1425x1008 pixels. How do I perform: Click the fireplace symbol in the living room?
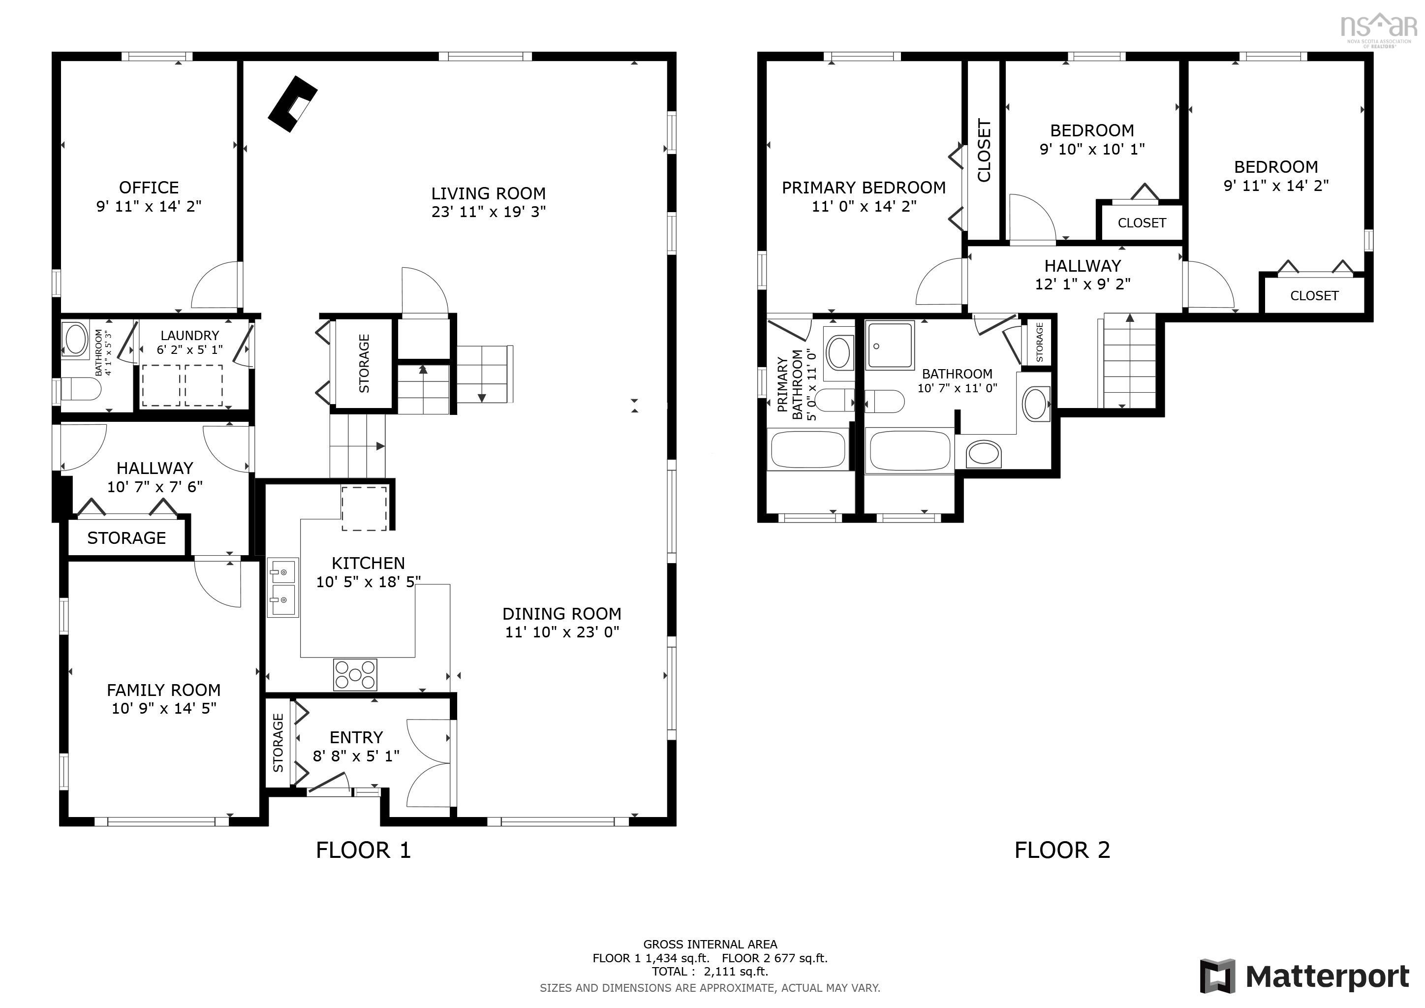pos(292,103)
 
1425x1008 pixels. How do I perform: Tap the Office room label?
pos(149,188)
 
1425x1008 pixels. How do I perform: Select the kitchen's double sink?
pos(282,588)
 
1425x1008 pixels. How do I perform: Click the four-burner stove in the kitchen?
pos(355,674)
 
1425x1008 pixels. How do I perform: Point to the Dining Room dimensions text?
pos(561,632)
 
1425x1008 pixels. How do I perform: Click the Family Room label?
pos(164,690)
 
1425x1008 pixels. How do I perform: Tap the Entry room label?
pos(356,737)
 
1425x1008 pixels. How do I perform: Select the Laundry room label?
pos(189,335)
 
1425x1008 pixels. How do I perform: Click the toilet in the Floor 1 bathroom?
pos(81,390)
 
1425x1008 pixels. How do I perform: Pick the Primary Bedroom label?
pos(864,188)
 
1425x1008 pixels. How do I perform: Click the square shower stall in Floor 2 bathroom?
pos(889,345)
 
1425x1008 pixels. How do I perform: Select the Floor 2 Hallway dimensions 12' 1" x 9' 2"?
pos(1083,284)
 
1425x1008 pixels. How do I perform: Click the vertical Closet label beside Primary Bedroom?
pos(984,151)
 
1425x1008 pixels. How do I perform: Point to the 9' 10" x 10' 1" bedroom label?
pos(1092,149)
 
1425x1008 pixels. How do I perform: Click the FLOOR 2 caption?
pos(1062,850)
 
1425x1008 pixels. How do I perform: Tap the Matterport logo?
pos(1304,976)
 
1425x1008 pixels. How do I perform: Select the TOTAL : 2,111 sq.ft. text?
pos(710,972)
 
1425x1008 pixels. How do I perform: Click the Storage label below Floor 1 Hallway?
pos(126,537)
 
